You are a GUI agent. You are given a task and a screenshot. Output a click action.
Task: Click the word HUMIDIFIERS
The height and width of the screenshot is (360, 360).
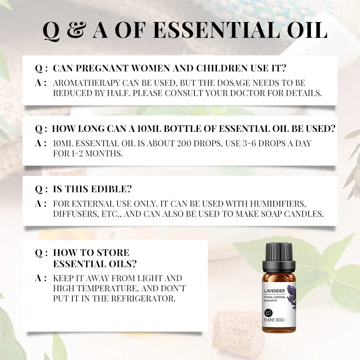276,203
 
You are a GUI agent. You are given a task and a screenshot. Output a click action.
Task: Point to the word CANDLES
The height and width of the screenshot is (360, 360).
304,214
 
